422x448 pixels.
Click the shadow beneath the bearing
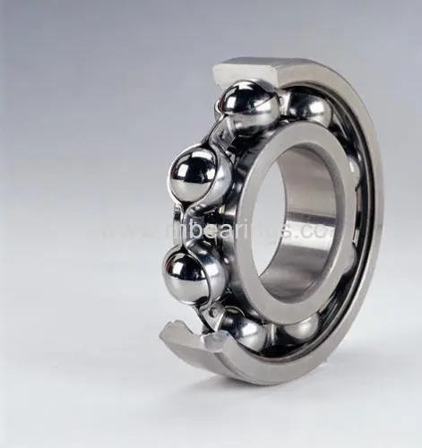point(269,394)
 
